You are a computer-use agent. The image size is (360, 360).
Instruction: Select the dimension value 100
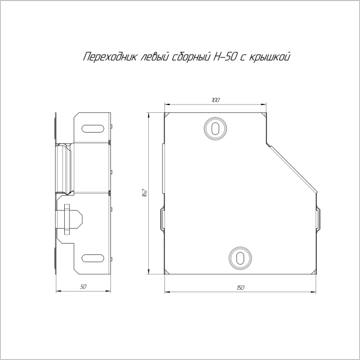point(215,100)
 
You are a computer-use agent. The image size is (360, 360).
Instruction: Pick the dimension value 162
point(145,192)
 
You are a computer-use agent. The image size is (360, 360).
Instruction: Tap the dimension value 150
point(241,289)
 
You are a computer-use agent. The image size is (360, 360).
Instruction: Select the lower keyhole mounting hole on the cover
point(240,257)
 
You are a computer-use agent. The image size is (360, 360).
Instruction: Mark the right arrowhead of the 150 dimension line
point(316,293)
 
